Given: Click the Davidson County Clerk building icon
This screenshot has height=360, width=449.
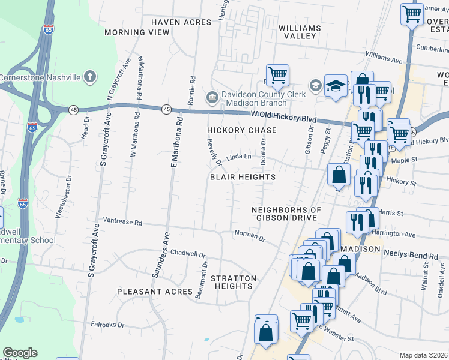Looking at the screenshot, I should pos(212,97).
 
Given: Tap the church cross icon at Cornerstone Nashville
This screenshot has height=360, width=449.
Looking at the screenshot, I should pos(89,77).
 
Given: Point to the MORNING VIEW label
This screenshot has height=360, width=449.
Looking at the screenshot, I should pos(137,32).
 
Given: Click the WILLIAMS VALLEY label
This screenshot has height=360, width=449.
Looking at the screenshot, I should pos(300,32).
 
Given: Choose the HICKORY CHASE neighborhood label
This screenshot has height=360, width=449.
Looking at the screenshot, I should pos(242,130).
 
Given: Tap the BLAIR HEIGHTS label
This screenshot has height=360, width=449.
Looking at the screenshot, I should pos(243,177).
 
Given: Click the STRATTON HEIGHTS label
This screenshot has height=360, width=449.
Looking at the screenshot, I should pos(234,282).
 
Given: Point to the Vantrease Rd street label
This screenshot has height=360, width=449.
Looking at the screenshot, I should pos(122,222).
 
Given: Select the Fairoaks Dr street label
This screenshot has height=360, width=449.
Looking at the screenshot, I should pos(109,325).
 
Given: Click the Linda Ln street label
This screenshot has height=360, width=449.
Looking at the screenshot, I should pos(238,157).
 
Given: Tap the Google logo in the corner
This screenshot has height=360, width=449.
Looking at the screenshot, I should pos(20,353).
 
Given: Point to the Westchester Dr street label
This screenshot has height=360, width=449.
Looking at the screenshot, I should pos(60,206).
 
